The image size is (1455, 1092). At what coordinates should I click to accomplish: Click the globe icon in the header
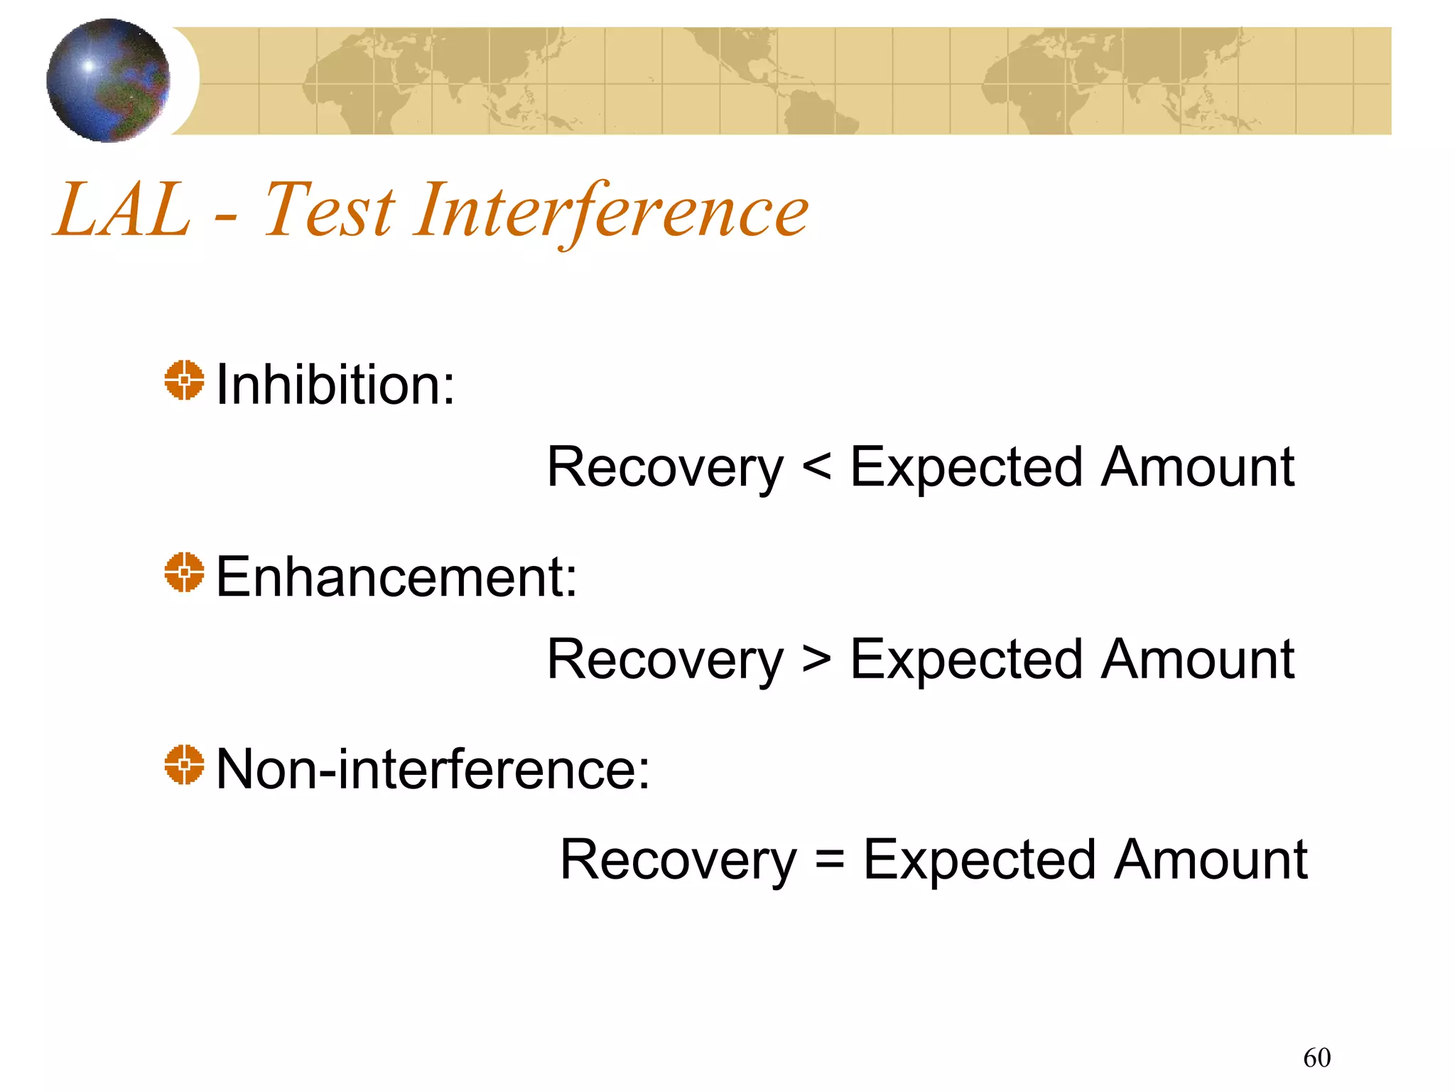[x=108, y=80]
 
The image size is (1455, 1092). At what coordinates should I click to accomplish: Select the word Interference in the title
[x=611, y=211]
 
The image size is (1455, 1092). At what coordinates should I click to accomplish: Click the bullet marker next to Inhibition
[x=184, y=380]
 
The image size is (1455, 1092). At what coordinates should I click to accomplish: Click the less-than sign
[x=816, y=468]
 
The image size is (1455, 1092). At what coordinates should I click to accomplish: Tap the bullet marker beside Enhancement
[x=184, y=572]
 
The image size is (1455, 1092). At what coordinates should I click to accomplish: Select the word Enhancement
[x=396, y=577]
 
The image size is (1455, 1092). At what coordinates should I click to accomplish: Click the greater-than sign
[x=816, y=660]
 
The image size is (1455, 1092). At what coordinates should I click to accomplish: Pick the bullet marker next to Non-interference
[x=184, y=765]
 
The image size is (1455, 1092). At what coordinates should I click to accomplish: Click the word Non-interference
[x=432, y=769]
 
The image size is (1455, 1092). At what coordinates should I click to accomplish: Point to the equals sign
[x=830, y=860]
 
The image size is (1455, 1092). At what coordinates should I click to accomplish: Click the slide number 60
[x=1316, y=1058]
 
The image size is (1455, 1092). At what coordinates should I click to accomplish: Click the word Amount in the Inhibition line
[x=1198, y=468]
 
